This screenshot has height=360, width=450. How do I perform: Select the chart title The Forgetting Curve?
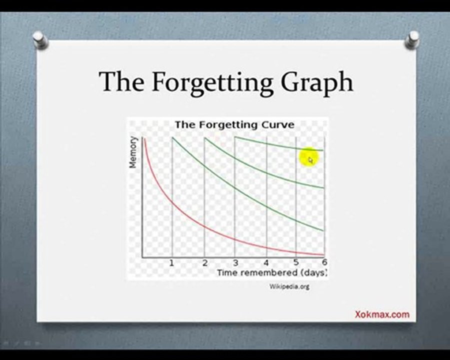point(235,125)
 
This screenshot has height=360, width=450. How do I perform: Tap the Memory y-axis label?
point(132,152)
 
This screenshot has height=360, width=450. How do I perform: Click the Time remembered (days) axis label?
point(272,272)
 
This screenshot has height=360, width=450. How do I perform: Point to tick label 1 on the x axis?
point(171,262)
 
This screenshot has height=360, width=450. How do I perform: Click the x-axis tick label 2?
point(204,262)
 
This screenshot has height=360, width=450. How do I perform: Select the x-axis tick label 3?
point(235,262)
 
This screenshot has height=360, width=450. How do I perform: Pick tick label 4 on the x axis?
point(266,262)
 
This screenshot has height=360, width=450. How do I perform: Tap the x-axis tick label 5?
point(296,262)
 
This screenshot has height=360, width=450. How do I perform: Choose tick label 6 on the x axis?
point(324,262)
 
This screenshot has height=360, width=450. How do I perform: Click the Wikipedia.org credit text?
point(289,286)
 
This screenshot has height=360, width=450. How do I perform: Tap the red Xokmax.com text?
point(382,314)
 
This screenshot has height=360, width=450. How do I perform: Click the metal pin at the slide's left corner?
point(39,39)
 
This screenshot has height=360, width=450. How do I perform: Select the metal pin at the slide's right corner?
point(412,39)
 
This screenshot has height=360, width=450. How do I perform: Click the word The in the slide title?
point(121,81)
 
